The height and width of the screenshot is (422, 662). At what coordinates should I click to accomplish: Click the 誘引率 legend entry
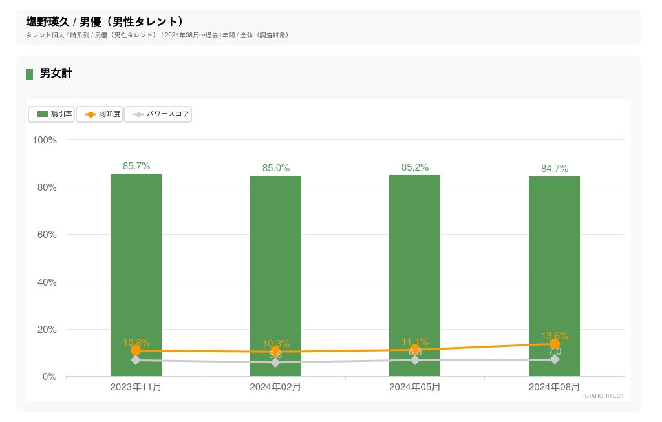[52, 114]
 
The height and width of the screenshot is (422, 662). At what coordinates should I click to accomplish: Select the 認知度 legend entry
[100, 114]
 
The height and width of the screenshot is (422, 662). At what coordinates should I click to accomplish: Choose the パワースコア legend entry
[158, 114]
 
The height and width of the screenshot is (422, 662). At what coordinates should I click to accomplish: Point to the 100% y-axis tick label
[45, 140]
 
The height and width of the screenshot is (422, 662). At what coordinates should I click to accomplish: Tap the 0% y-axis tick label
[50, 377]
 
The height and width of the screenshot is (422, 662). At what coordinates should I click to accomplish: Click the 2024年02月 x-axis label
[275, 387]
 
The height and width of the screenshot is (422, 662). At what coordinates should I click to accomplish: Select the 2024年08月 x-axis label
[554, 387]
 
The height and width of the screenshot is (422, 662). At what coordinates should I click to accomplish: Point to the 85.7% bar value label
[136, 166]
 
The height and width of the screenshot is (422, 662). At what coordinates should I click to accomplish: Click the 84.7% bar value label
[555, 169]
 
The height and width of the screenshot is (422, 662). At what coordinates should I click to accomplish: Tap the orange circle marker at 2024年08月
[555, 344]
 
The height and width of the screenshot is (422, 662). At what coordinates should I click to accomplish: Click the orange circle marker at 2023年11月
[136, 350]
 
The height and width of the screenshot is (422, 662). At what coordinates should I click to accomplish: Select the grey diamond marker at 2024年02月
[275, 363]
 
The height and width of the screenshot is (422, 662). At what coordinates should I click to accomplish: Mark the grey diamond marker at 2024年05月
[414, 360]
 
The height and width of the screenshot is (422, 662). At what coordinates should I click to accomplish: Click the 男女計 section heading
[56, 74]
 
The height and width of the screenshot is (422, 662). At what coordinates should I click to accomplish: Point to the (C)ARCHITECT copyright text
[603, 396]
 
